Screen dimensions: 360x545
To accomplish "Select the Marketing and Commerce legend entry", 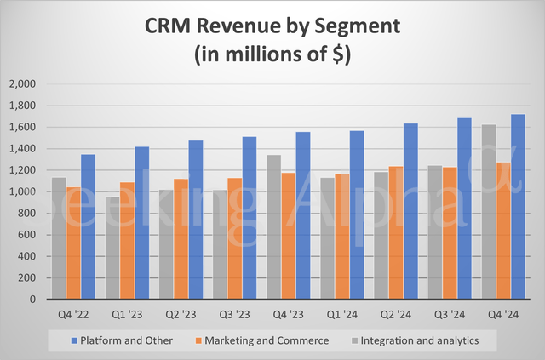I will click(267, 340).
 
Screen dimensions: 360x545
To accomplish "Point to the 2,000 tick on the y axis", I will click(22, 84).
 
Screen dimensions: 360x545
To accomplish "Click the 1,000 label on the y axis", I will click(22, 192).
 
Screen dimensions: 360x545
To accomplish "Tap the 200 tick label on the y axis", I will click(27, 278).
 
